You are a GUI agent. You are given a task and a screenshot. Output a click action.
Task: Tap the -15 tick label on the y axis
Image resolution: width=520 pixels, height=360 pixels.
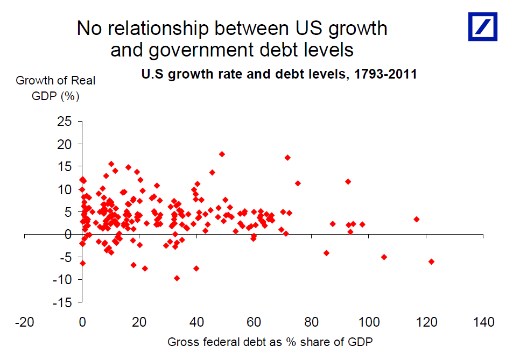coord(62,302)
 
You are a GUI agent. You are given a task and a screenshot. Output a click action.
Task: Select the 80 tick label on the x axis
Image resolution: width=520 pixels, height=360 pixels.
coord(312,323)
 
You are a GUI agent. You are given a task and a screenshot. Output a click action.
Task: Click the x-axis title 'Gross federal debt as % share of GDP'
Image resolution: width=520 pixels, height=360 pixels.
coord(270,342)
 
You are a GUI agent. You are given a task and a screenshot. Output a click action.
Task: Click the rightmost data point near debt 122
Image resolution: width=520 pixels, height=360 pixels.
coord(431,262)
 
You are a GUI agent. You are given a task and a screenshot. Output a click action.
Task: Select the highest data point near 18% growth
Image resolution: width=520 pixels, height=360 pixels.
coord(222,154)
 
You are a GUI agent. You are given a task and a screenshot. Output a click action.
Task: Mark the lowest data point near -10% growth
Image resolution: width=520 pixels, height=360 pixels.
coord(177,278)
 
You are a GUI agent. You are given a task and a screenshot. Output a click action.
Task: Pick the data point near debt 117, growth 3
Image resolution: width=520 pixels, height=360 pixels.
coord(417,219)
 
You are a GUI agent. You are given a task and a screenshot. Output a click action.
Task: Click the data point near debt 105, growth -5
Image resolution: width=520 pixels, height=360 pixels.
coord(384,257)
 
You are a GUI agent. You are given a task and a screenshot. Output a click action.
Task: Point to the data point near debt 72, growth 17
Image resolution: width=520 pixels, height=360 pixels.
coord(287,158)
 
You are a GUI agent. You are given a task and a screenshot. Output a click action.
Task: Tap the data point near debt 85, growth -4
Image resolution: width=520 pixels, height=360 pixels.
coord(326,253)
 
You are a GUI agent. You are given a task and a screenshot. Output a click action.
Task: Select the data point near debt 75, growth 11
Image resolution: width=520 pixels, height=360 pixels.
coord(298,183)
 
